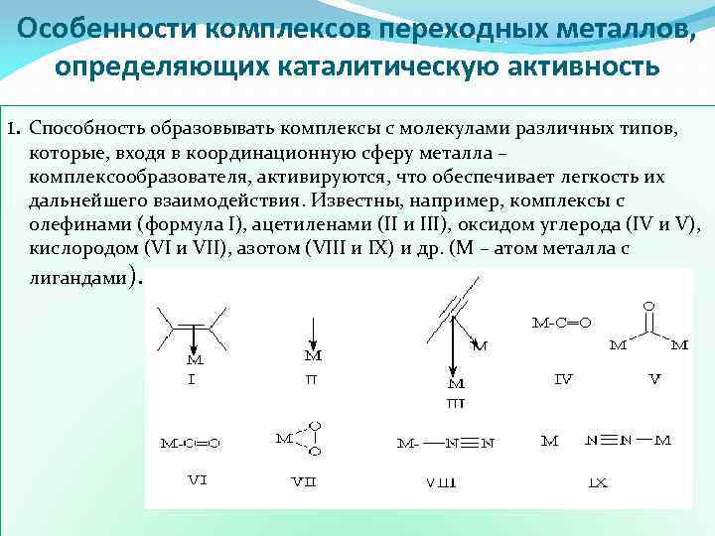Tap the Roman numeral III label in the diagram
(x=456, y=403)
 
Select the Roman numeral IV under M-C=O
(x=563, y=378)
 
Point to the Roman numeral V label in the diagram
(x=654, y=378)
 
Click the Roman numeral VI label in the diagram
(x=197, y=479)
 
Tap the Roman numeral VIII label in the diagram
(x=441, y=482)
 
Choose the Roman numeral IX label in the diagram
(x=598, y=482)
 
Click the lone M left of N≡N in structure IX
(x=549, y=441)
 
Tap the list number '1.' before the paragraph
(x=13, y=129)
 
